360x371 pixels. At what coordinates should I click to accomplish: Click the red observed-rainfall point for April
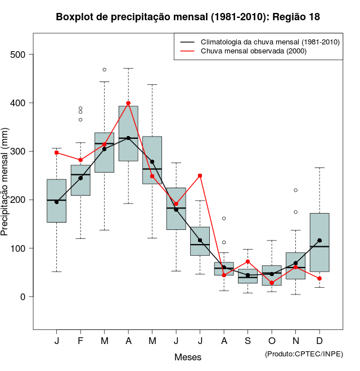(128, 103)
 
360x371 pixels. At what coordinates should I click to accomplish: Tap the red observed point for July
(200, 176)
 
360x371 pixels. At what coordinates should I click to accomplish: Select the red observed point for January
(57, 153)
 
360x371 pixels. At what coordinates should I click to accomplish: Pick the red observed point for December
(319, 278)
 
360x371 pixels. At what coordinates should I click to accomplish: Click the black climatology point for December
(319, 241)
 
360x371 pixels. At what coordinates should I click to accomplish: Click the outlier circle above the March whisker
(105, 70)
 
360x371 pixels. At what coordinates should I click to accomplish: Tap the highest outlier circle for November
(295, 190)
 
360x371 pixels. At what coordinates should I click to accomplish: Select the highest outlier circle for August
(224, 218)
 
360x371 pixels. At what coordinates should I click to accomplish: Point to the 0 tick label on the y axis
(23, 297)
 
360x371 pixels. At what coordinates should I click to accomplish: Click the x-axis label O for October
(272, 341)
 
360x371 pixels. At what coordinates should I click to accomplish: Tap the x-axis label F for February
(80, 341)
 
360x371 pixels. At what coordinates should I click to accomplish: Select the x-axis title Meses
(188, 357)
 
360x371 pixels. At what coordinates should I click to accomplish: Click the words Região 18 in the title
(296, 17)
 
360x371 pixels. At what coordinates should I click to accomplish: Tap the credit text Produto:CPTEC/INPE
(304, 354)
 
